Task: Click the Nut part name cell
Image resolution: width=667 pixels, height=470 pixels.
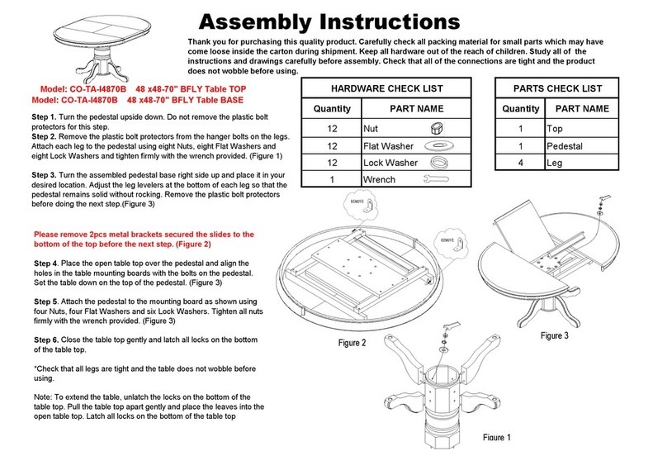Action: pos(373,130)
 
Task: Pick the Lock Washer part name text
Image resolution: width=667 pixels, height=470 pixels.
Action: pos(390,164)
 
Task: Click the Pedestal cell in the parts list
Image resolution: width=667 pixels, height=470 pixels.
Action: pos(565,146)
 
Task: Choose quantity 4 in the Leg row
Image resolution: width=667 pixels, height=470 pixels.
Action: pos(520,164)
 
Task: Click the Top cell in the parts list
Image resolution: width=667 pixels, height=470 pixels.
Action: pos(555,130)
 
